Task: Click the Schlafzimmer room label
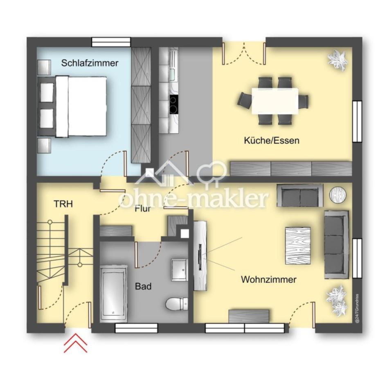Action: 90,63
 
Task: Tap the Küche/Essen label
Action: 272,141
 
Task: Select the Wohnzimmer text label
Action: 268,280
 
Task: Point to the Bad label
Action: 143,287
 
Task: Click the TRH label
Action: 63,204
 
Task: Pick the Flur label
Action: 143,208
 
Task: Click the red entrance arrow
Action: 76,344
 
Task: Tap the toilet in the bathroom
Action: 176,304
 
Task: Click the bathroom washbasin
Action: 179,269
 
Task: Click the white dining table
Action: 275,101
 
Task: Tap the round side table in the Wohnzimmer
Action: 338,195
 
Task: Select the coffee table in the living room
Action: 298,246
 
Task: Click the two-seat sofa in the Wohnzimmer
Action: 300,195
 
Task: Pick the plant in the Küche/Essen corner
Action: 337,60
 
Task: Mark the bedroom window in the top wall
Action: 111,42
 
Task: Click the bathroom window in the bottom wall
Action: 137,328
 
